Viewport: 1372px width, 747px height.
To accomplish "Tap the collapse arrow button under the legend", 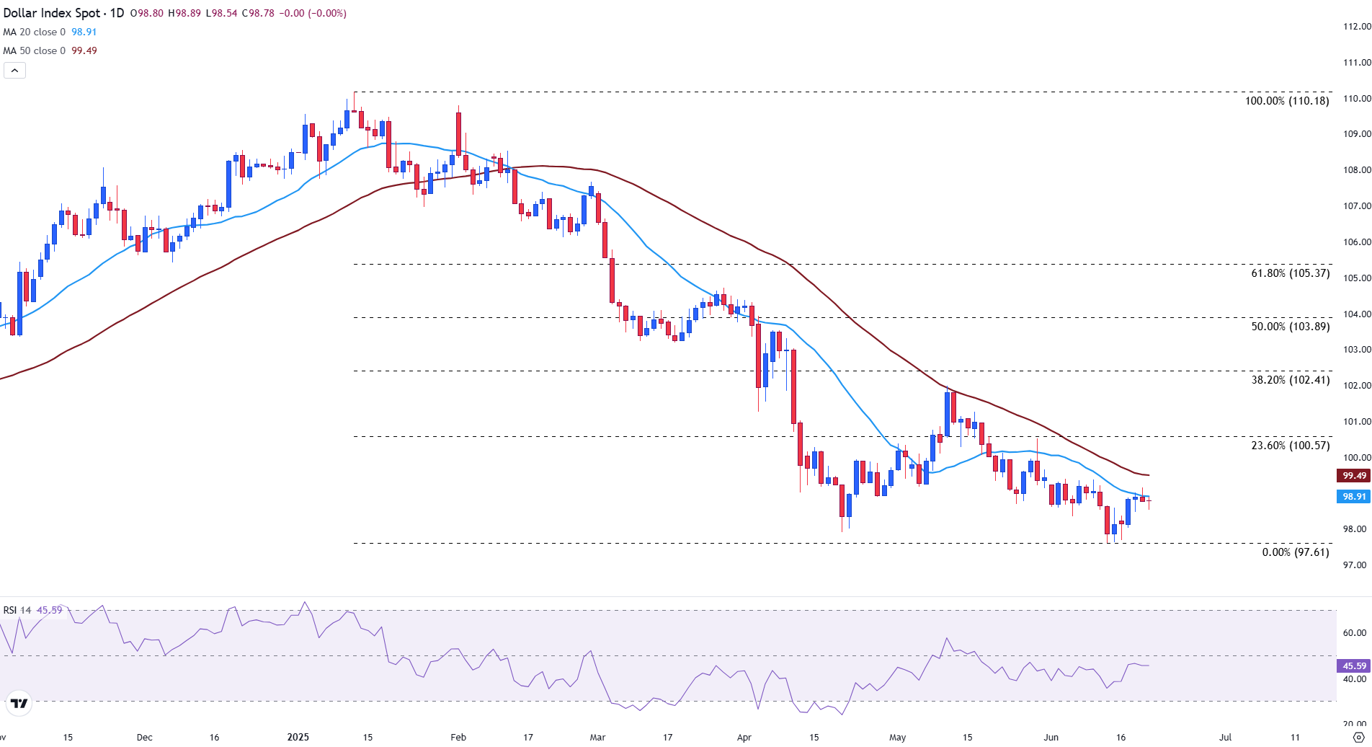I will point(15,70).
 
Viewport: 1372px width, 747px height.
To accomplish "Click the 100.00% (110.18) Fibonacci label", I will point(1287,101).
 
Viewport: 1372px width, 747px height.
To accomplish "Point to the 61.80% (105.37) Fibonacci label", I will point(1290,273).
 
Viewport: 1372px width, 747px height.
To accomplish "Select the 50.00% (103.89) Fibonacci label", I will point(1290,327).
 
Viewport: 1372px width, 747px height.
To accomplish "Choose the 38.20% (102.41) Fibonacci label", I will point(1290,380).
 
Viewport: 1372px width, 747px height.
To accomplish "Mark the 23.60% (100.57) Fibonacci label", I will point(1290,446).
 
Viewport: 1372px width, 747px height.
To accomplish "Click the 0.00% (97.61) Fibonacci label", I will point(1295,552).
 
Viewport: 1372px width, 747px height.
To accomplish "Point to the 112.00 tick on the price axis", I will point(1356,27).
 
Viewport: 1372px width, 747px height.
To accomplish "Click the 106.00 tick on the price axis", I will point(1356,242).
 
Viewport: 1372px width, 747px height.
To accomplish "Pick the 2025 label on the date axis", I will point(298,737).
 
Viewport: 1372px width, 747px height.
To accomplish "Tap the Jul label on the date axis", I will point(1225,737).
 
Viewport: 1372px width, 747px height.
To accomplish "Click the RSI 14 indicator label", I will point(17,610).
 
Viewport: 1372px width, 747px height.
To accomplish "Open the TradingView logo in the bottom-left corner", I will point(19,704).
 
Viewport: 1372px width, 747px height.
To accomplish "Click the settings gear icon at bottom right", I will point(1359,737).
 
